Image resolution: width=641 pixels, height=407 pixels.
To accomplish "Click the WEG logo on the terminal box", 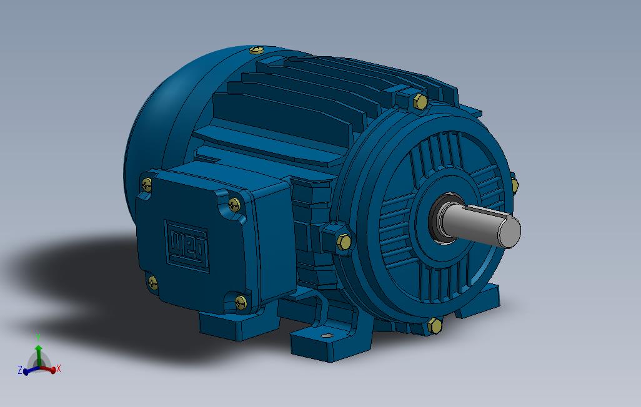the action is click(x=187, y=245).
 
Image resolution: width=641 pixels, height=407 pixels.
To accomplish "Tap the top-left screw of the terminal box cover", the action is click(x=146, y=184).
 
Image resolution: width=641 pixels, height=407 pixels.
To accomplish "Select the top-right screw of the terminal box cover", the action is click(x=234, y=204).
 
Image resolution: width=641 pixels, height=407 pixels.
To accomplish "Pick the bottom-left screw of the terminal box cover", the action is click(x=152, y=282).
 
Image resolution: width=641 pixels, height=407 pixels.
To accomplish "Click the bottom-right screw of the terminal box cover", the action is click(x=241, y=302).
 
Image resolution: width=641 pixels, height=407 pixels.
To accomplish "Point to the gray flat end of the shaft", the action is click(x=510, y=232).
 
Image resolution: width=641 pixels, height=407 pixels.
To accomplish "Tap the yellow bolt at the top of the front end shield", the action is click(x=420, y=101).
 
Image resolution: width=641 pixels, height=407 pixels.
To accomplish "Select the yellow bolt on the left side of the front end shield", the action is click(x=344, y=242).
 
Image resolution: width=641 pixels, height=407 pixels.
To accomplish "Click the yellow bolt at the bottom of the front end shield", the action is click(x=435, y=326).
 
